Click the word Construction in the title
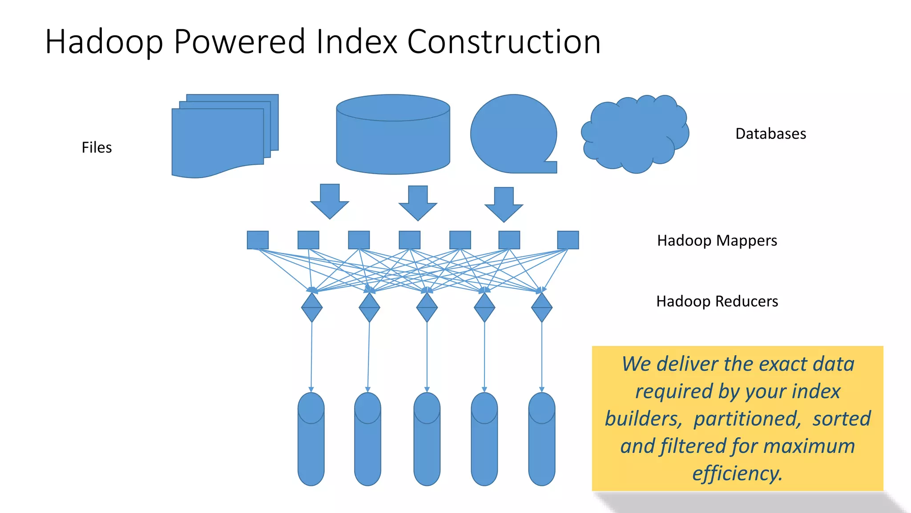(504, 41)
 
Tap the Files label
(97, 147)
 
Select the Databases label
(770, 134)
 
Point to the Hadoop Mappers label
(717, 240)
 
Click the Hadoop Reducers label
(717, 301)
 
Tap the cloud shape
(635, 134)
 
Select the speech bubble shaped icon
(513, 134)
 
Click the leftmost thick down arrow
(330, 201)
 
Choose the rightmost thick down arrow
(504, 204)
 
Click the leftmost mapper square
(258, 240)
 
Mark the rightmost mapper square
(568, 240)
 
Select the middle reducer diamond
(427, 307)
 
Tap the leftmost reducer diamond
(311, 307)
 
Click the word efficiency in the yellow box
(737, 473)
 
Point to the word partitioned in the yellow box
(747, 419)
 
